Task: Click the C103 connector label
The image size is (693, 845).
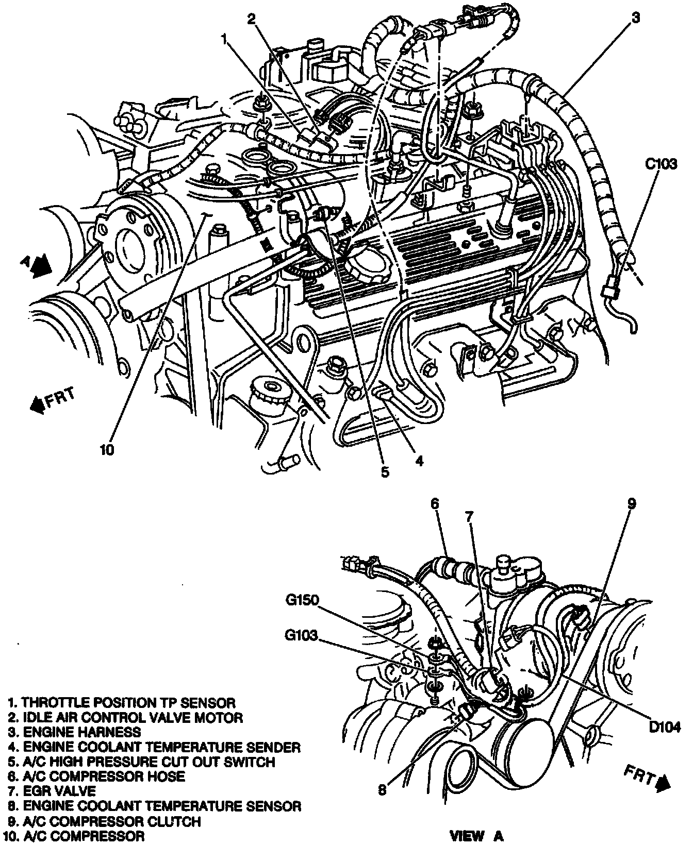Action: click(x=661, y=165)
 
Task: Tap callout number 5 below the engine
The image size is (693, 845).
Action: click(x=385, y=471)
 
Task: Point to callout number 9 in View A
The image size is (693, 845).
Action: click(x=633, y=503)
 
